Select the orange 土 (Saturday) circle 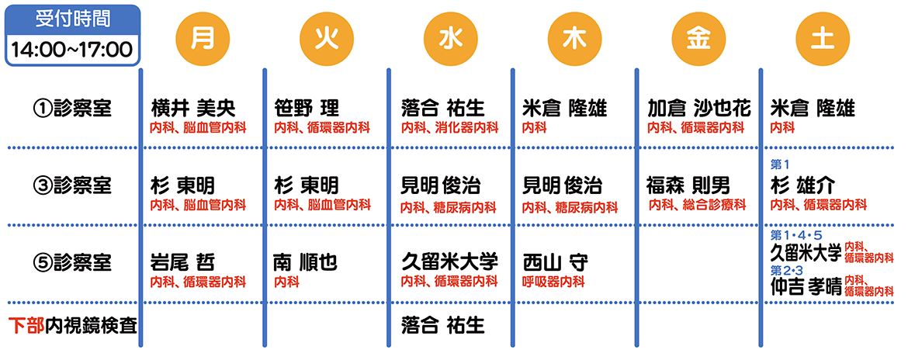[823, 39]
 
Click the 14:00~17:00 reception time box [72, 49]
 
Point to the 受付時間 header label [72, 19]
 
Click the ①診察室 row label [71, 108]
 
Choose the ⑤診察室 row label [71, 263]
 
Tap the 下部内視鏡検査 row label [73, 325]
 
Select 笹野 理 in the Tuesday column [307, 108]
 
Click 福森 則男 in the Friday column [688, 186]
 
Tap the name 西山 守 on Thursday [556, 263]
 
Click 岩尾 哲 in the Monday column [182, 263]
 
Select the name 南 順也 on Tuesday [305, 263]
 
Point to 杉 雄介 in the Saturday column [803, 186]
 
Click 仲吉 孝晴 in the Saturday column [806, 288]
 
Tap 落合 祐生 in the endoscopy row [443, 325]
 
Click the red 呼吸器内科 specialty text [553, 282]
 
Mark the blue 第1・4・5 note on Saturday [796, 235]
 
